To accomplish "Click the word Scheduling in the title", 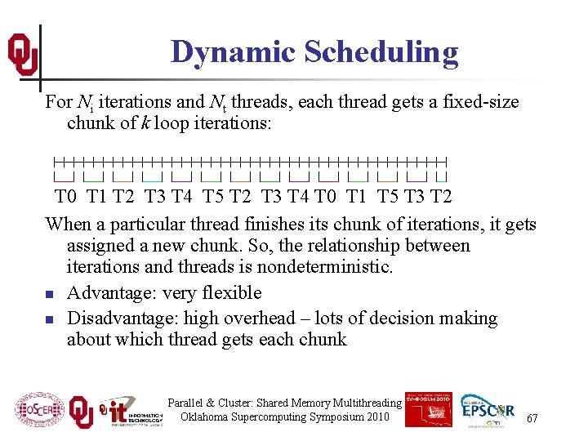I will coord(381,52).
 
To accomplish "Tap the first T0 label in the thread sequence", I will coord(66,197).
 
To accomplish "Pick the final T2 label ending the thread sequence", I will coord(440,197).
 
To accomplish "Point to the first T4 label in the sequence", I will coord(181,197).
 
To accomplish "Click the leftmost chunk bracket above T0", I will coord(64,176).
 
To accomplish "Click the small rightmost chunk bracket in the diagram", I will coord(441,176).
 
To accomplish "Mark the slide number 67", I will coord(532,418).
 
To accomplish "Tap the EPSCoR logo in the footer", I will coord(489,410).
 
